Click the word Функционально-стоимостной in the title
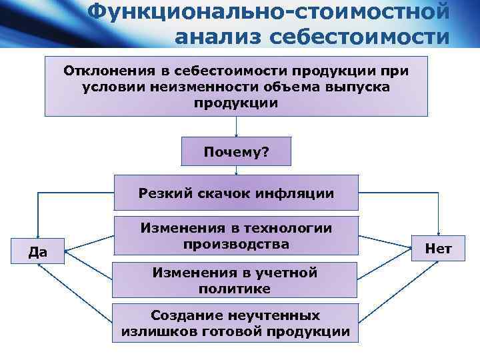click(269, 11)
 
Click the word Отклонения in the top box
click(103, 71)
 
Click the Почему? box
click(236, 152)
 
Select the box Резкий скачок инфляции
click(236, 193)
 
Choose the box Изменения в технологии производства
click(236, 236)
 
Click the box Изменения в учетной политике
click(236, 280)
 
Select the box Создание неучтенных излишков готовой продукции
click(236, 323)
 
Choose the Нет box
click(438, 249)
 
